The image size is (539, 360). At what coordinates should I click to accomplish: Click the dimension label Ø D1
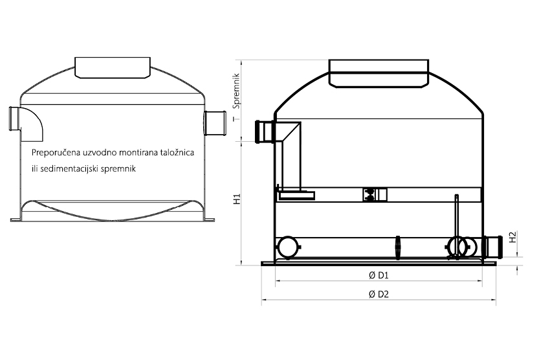378,275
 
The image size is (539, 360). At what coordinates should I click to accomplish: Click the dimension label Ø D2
379,295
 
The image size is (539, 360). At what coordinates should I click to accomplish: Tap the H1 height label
237,199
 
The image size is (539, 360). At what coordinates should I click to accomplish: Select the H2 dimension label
512,237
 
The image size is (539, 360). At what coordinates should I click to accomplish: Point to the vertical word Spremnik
236,91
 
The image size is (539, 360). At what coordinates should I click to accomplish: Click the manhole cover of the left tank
113,67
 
